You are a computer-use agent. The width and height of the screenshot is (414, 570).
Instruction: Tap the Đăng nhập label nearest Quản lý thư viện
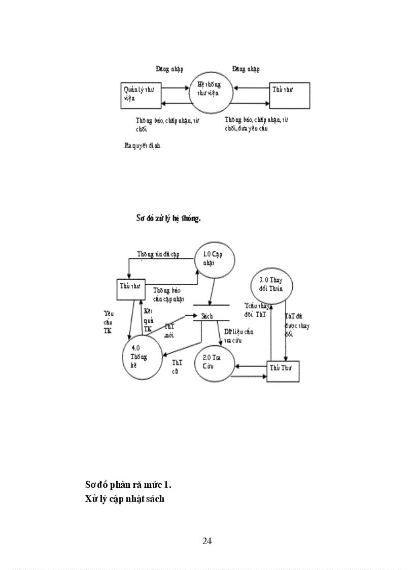coord(169,69)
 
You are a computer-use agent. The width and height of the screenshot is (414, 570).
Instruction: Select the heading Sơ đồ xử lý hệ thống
coord(168,219)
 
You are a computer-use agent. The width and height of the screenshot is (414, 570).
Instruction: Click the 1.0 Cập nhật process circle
coord(215,261)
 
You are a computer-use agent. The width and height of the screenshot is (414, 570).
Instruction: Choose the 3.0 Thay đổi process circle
coord(272,285)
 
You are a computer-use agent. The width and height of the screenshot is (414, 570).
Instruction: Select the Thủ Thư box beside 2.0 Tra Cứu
coord(283,371)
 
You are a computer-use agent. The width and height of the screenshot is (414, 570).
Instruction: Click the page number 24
coord(207,541)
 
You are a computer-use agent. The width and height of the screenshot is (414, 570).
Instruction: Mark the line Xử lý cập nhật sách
coord(125,499)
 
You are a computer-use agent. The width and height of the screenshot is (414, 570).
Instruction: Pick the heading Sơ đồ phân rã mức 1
coord(132,484)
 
